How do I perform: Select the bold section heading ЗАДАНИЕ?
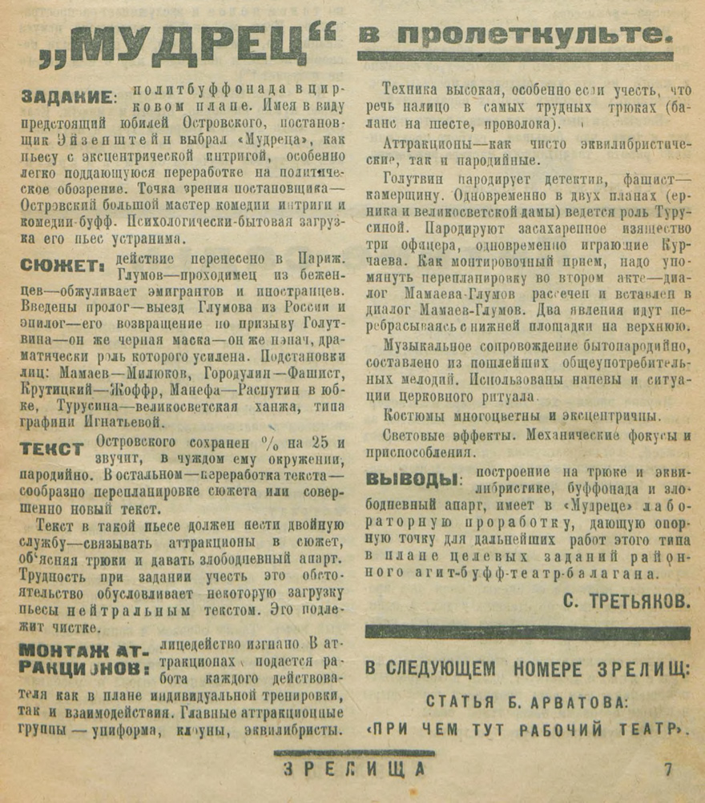66,98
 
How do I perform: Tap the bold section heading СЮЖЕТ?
61,265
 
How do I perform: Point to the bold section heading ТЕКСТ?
52,448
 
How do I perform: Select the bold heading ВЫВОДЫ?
413,480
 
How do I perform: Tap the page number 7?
667,769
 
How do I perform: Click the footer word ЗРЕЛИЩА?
353,769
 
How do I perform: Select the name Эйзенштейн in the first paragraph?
92,139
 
